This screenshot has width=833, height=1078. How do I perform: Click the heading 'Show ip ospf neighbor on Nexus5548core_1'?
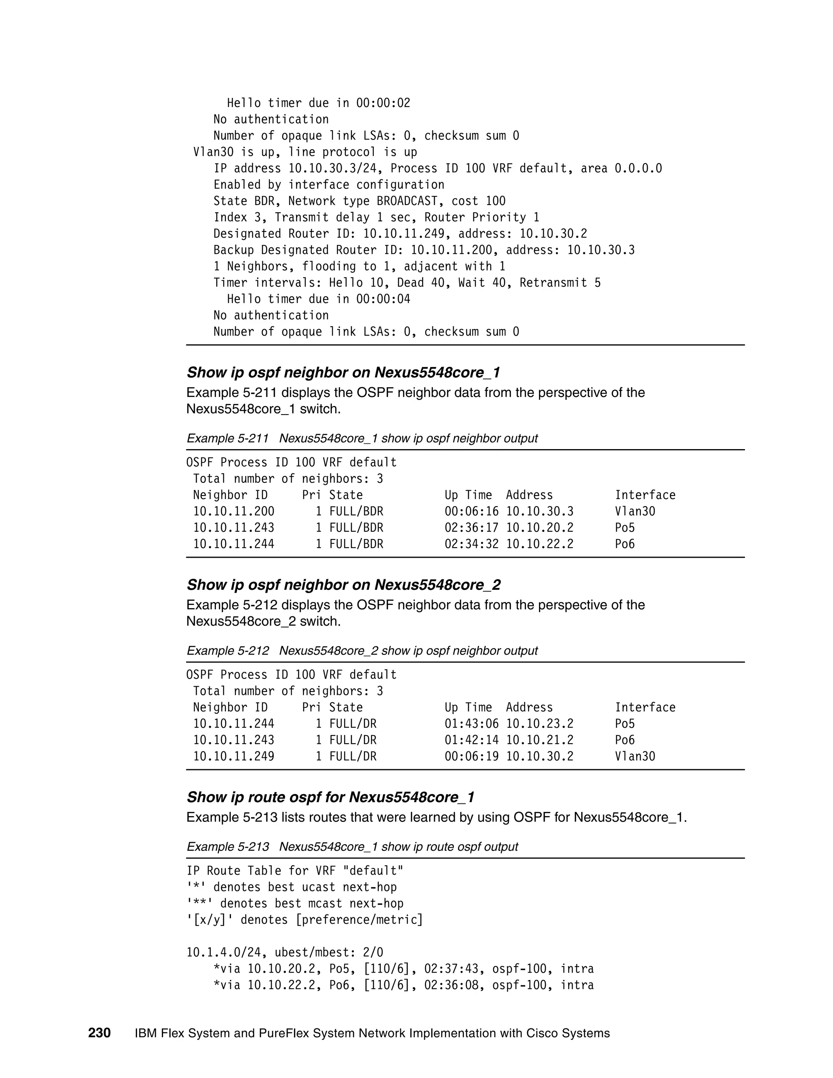click(343, 372)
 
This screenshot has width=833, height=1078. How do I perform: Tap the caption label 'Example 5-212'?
click(227, 650)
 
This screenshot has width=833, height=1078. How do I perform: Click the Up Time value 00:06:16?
click(471, 511)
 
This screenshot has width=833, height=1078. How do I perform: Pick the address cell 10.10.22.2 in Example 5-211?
click(539, 544)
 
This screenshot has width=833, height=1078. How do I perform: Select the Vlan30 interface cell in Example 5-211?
click(635, 511)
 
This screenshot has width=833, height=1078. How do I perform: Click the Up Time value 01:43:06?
click(471, 724)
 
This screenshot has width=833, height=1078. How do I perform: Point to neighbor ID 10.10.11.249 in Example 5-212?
click(233, 756)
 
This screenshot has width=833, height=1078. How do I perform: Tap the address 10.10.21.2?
click(539, 740)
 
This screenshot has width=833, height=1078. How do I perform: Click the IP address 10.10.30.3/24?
click(333, 168)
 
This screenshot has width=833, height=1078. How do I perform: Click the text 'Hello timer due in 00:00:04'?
click(318, 299)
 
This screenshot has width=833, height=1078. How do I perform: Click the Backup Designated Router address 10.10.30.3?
click(601, 250)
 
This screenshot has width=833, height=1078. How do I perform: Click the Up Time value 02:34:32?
click(471, 544)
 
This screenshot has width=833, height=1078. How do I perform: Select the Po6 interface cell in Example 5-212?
click(624, 740)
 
